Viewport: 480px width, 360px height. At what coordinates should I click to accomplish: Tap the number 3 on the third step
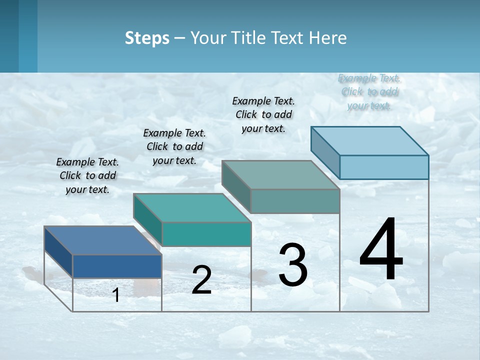point(292,265)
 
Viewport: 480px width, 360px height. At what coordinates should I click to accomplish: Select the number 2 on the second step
point(201,280)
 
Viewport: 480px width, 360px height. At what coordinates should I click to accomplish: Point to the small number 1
point(116,295)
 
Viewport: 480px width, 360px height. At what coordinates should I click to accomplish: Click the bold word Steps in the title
point(147,38)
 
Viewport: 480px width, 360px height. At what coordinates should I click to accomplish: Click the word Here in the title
point(328,38)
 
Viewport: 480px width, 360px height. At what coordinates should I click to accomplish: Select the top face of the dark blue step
point(103,240)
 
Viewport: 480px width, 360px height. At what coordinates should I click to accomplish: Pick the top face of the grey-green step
point(281,175)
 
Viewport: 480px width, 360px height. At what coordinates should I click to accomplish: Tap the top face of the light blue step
point(370,141)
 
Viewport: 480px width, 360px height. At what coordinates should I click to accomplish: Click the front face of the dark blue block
point(117,266)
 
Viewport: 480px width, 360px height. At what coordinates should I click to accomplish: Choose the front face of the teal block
point(206,234)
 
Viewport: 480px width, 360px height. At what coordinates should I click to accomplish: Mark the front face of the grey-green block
point(295,201)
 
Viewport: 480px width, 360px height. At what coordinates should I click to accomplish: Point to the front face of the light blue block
point(384,167)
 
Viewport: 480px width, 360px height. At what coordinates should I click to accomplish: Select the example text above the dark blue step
point(87,176)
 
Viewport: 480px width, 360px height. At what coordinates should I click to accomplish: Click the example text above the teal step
point(174,147)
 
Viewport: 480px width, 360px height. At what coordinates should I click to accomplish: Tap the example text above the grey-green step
point(263,114)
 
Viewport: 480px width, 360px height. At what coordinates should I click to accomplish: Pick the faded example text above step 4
point(369,92)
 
